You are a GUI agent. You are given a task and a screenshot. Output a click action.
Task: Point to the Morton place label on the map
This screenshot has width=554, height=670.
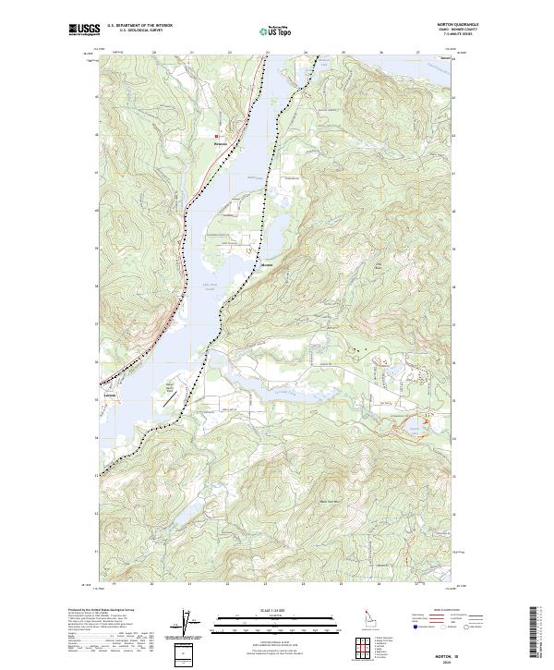click(x=268, y=263)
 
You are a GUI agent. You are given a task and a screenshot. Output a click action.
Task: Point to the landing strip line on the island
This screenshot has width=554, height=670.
click(x=170, y=391)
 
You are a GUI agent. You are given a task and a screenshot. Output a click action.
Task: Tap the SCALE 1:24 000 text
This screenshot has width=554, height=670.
click(x=267, y=609)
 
